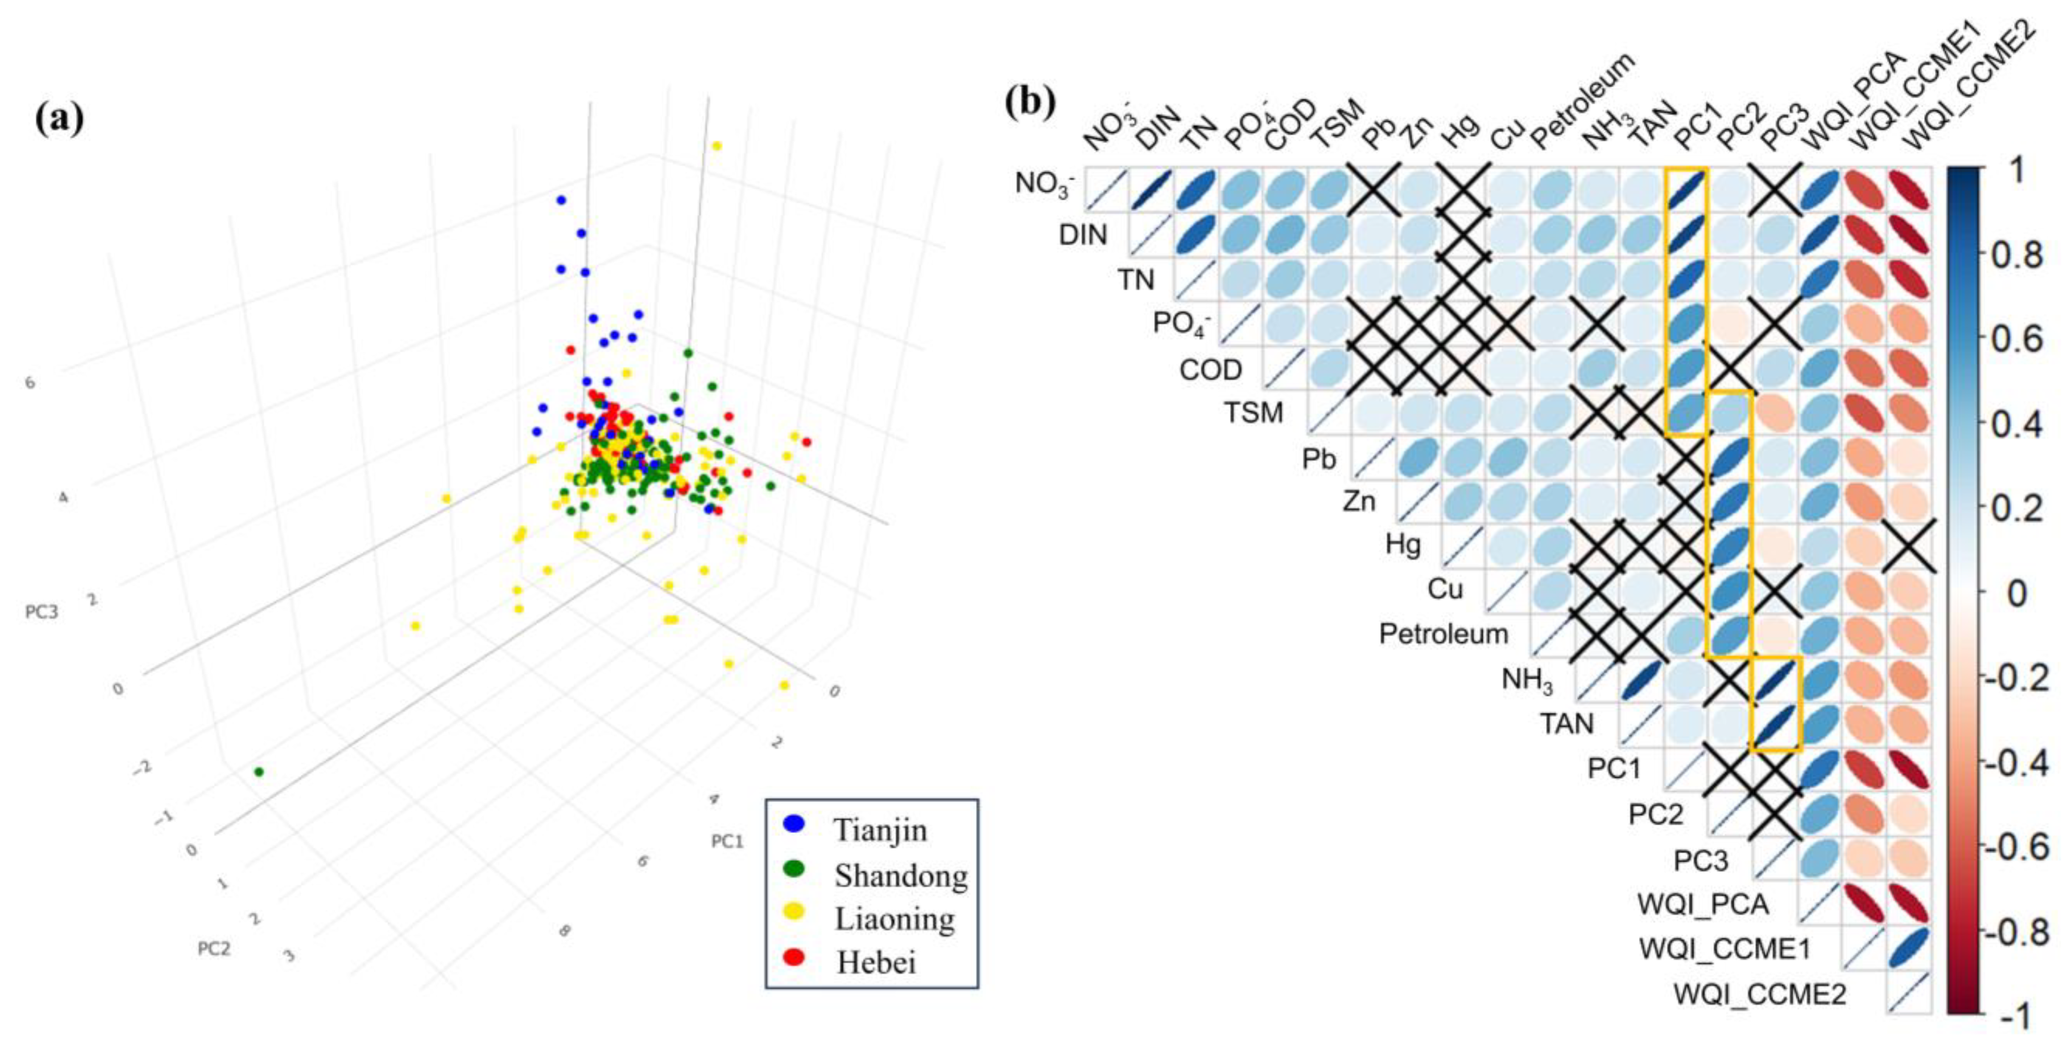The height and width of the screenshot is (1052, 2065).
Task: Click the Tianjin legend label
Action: click(880, 830)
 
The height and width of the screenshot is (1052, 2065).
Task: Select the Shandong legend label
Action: click(900, 875)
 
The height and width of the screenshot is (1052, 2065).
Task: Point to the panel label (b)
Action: click(1030, 102)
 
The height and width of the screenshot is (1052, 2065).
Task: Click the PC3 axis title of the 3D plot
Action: click(42, 613)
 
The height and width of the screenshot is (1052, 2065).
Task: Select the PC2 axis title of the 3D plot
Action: click(214, 949)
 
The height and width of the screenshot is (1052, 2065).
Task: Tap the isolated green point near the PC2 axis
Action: click(258, 772)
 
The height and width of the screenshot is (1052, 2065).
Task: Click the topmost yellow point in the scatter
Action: click(717, 146)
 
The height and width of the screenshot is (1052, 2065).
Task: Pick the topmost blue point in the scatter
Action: click(561, 200)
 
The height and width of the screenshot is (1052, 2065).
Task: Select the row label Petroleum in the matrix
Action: click(1443, 634)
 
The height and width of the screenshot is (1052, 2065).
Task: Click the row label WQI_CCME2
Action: click(1759, 994)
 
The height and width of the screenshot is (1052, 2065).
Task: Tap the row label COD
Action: click(1211, 370)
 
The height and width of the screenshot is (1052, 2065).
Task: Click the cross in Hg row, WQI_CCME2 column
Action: click(1909, 545)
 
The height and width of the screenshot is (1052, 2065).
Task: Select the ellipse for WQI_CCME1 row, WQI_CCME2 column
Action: click(1909, 949)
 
